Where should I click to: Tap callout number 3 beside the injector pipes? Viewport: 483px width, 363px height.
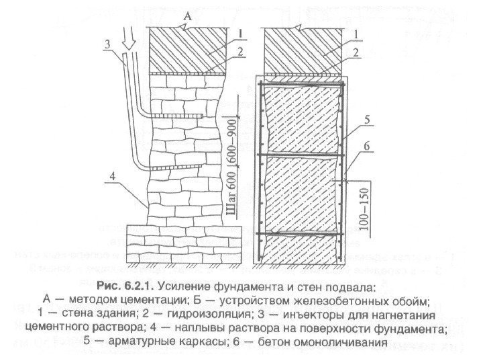pos(107,44)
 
